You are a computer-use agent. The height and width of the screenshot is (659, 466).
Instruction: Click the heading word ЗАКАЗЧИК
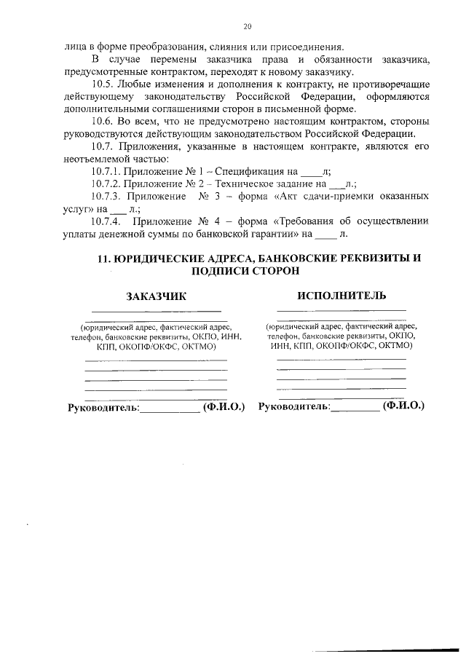(156, 296)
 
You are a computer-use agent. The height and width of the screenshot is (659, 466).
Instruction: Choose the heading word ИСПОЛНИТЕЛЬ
(341, 296)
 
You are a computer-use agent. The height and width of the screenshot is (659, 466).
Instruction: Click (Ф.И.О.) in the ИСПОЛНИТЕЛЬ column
(405, 406)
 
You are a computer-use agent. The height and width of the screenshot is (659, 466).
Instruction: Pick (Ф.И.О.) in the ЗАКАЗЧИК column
(224, 406)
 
